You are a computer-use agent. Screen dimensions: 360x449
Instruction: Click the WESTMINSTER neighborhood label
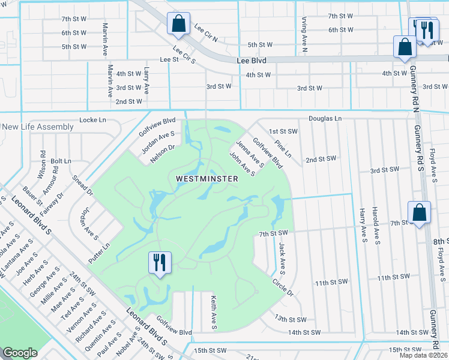207,179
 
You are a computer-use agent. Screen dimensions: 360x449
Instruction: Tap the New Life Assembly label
38,127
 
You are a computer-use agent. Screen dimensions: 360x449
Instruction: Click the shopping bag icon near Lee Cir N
178,25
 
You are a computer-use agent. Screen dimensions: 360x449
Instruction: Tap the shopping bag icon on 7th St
418,212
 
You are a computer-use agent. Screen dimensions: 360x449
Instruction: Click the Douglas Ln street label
325,119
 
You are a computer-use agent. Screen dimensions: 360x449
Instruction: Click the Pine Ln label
282,149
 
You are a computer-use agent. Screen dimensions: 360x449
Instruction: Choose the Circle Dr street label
282,287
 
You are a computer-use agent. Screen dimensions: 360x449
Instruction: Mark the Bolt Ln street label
61,161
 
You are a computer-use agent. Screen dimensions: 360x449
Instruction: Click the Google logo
20,353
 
